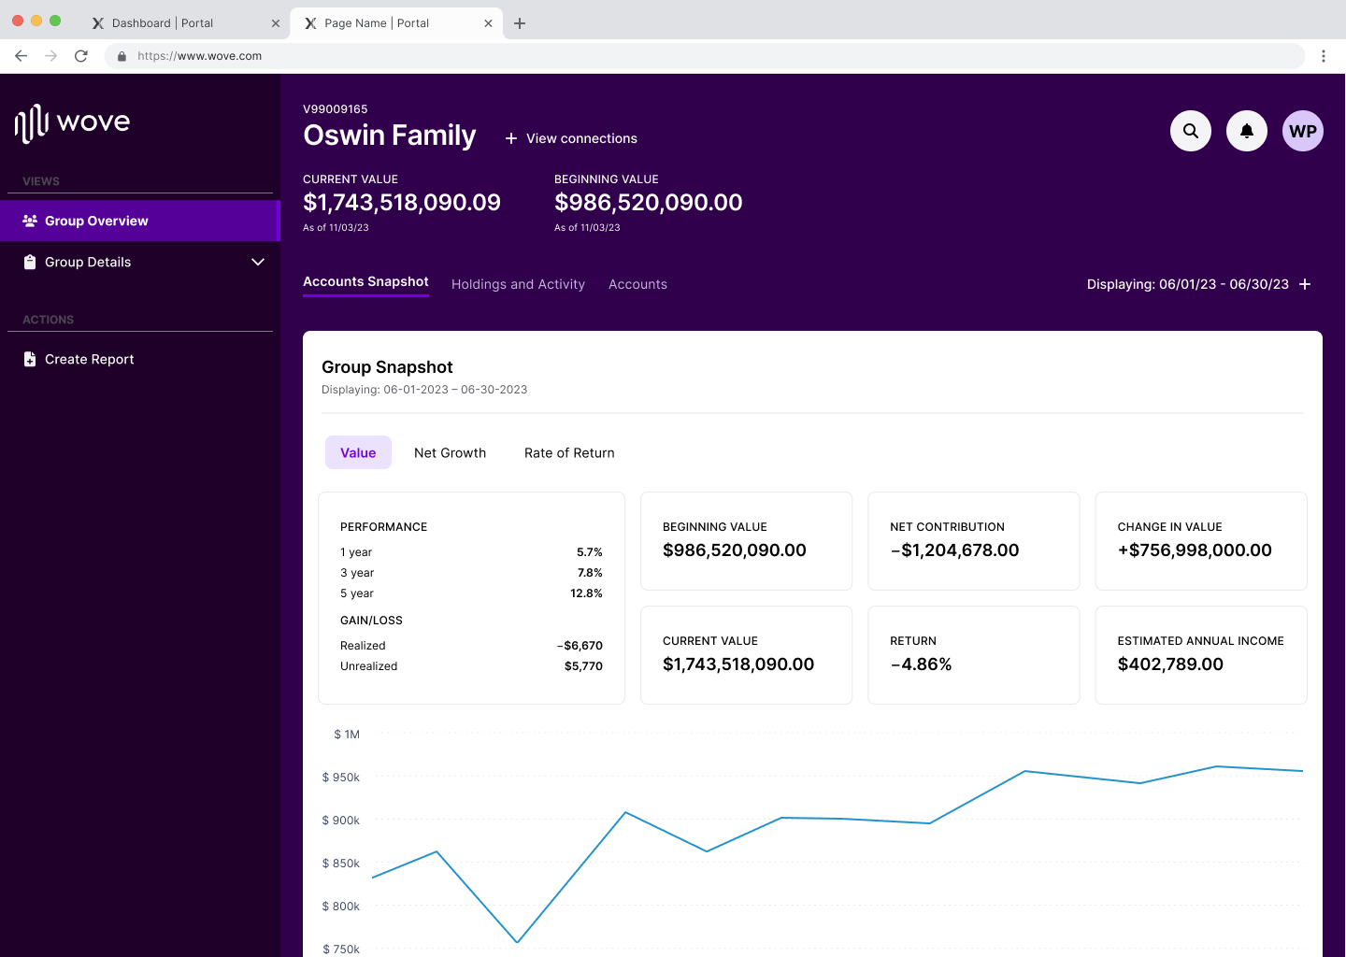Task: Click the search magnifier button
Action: point(1190,131)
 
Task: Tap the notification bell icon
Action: point(1246,131)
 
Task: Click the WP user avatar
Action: point(1302,131)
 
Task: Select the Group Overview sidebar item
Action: point(96,221)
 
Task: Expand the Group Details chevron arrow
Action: point(258,263)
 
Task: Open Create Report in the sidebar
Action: point(89,360)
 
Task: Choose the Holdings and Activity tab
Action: point(518,284)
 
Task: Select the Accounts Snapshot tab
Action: point(365,282)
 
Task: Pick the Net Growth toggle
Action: point(450,453)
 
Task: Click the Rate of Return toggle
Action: point(569,453)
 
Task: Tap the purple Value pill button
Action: point(358,453)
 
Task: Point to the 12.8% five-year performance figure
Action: point(586,593)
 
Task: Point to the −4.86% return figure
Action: point(921,664)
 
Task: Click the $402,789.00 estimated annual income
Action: point(1170,664)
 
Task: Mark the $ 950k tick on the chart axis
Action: point(341,778)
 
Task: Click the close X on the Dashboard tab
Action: point(276,23)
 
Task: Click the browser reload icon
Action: point(81,56)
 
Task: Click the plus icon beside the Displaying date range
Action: point(1305,284)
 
